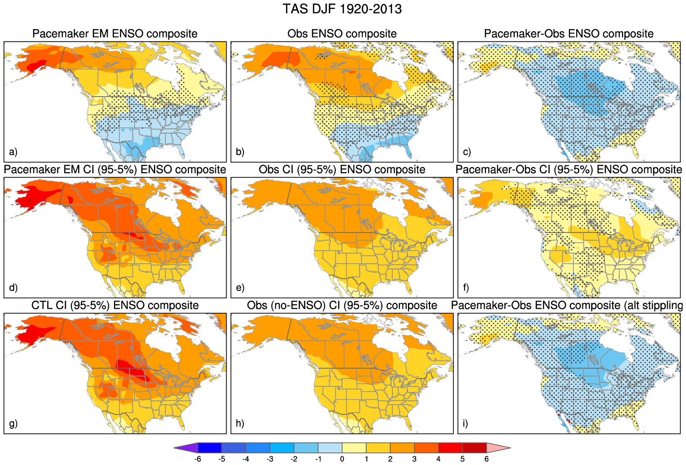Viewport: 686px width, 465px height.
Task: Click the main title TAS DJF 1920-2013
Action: (x=342, y=9)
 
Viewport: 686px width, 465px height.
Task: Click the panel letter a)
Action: (x=13, y=152)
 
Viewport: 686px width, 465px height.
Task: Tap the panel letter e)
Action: (x=240, y=288)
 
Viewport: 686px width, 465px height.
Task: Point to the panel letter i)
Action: (x=466, y=423)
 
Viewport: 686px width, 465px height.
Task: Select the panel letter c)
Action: (x=467, y=152)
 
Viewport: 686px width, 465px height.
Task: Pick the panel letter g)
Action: (x=13, y=423)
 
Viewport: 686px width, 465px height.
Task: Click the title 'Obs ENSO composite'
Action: (x=342, y=34)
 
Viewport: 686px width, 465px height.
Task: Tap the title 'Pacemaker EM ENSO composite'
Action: (x=115, y=34)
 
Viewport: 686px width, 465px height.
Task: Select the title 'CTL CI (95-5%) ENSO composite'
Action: (x=115, y=305)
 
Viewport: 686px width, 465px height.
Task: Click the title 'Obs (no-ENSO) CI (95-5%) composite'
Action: (x=342, y=305)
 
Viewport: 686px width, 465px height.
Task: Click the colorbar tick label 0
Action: (x=342, y=459)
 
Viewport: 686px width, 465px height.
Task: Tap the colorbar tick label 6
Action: (x=486, y=459)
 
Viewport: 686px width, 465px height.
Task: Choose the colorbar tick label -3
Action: (x=270, y=459)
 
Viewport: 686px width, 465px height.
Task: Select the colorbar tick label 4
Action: (x=438, y=459)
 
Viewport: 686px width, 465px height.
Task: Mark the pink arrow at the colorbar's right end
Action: (x=497, y=448)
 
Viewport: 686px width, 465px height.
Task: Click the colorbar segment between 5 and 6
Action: (x=475, y=448)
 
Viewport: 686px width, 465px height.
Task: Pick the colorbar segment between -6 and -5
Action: (x=210, y=448)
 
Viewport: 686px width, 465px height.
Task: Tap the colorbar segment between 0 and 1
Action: (x=354, y=448)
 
